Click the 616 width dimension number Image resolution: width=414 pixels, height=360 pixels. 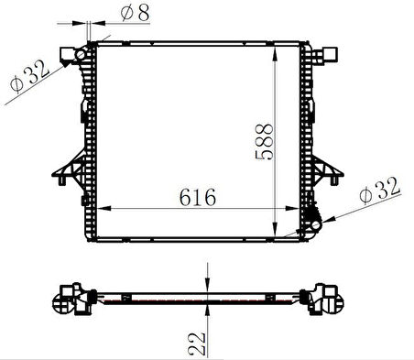[x=198, y=197]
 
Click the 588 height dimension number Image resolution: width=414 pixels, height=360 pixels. [x=264, y=142]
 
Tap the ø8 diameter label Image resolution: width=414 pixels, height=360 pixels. [x=136, y=13]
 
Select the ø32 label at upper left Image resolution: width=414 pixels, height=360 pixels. [x=29, y=76]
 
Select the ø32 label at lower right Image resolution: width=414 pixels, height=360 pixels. [x=379, y=191]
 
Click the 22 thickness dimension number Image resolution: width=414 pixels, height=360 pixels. [x=197, y=344]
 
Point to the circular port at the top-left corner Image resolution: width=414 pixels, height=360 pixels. [x=81, y=55]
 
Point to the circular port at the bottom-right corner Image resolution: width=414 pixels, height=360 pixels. [x=315, y=225]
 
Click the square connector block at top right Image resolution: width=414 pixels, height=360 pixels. [x=330, y=55]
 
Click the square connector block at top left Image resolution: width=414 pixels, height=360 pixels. [x=67, y=55]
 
